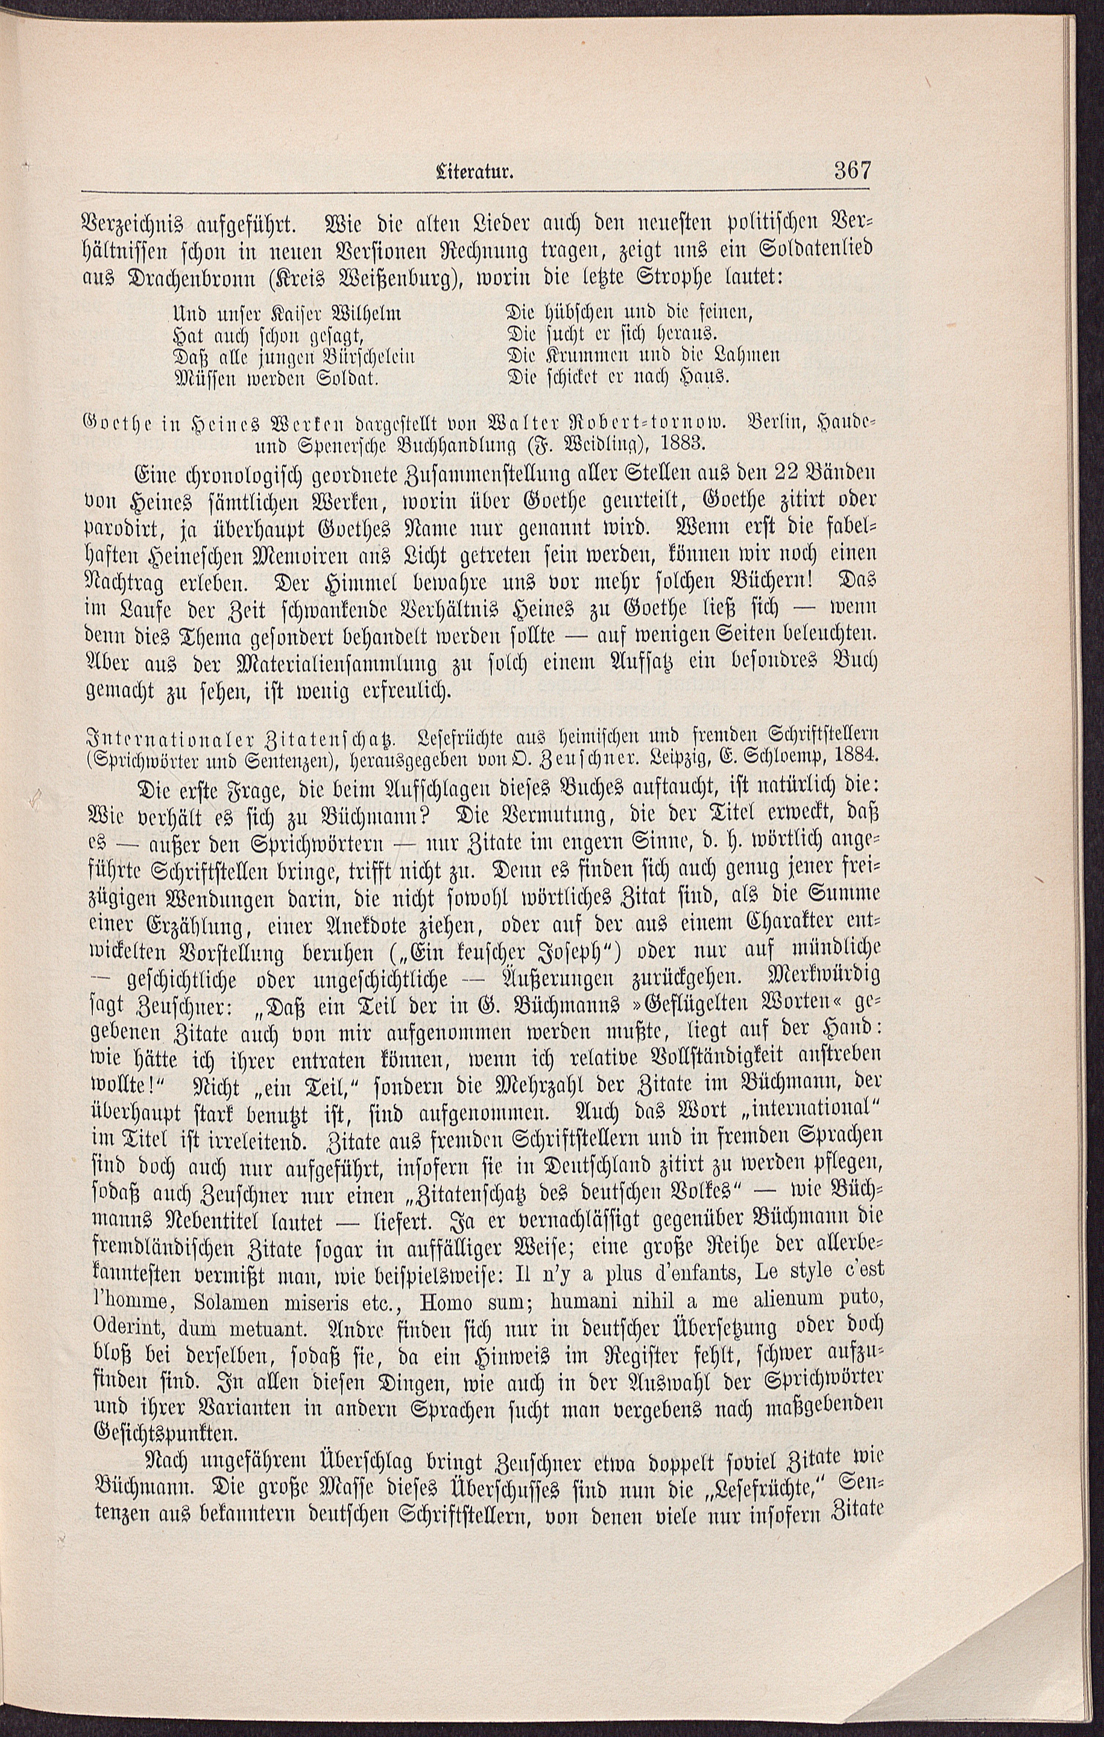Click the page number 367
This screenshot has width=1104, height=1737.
pos(853,172)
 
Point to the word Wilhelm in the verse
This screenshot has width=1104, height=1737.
pos(364,315)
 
